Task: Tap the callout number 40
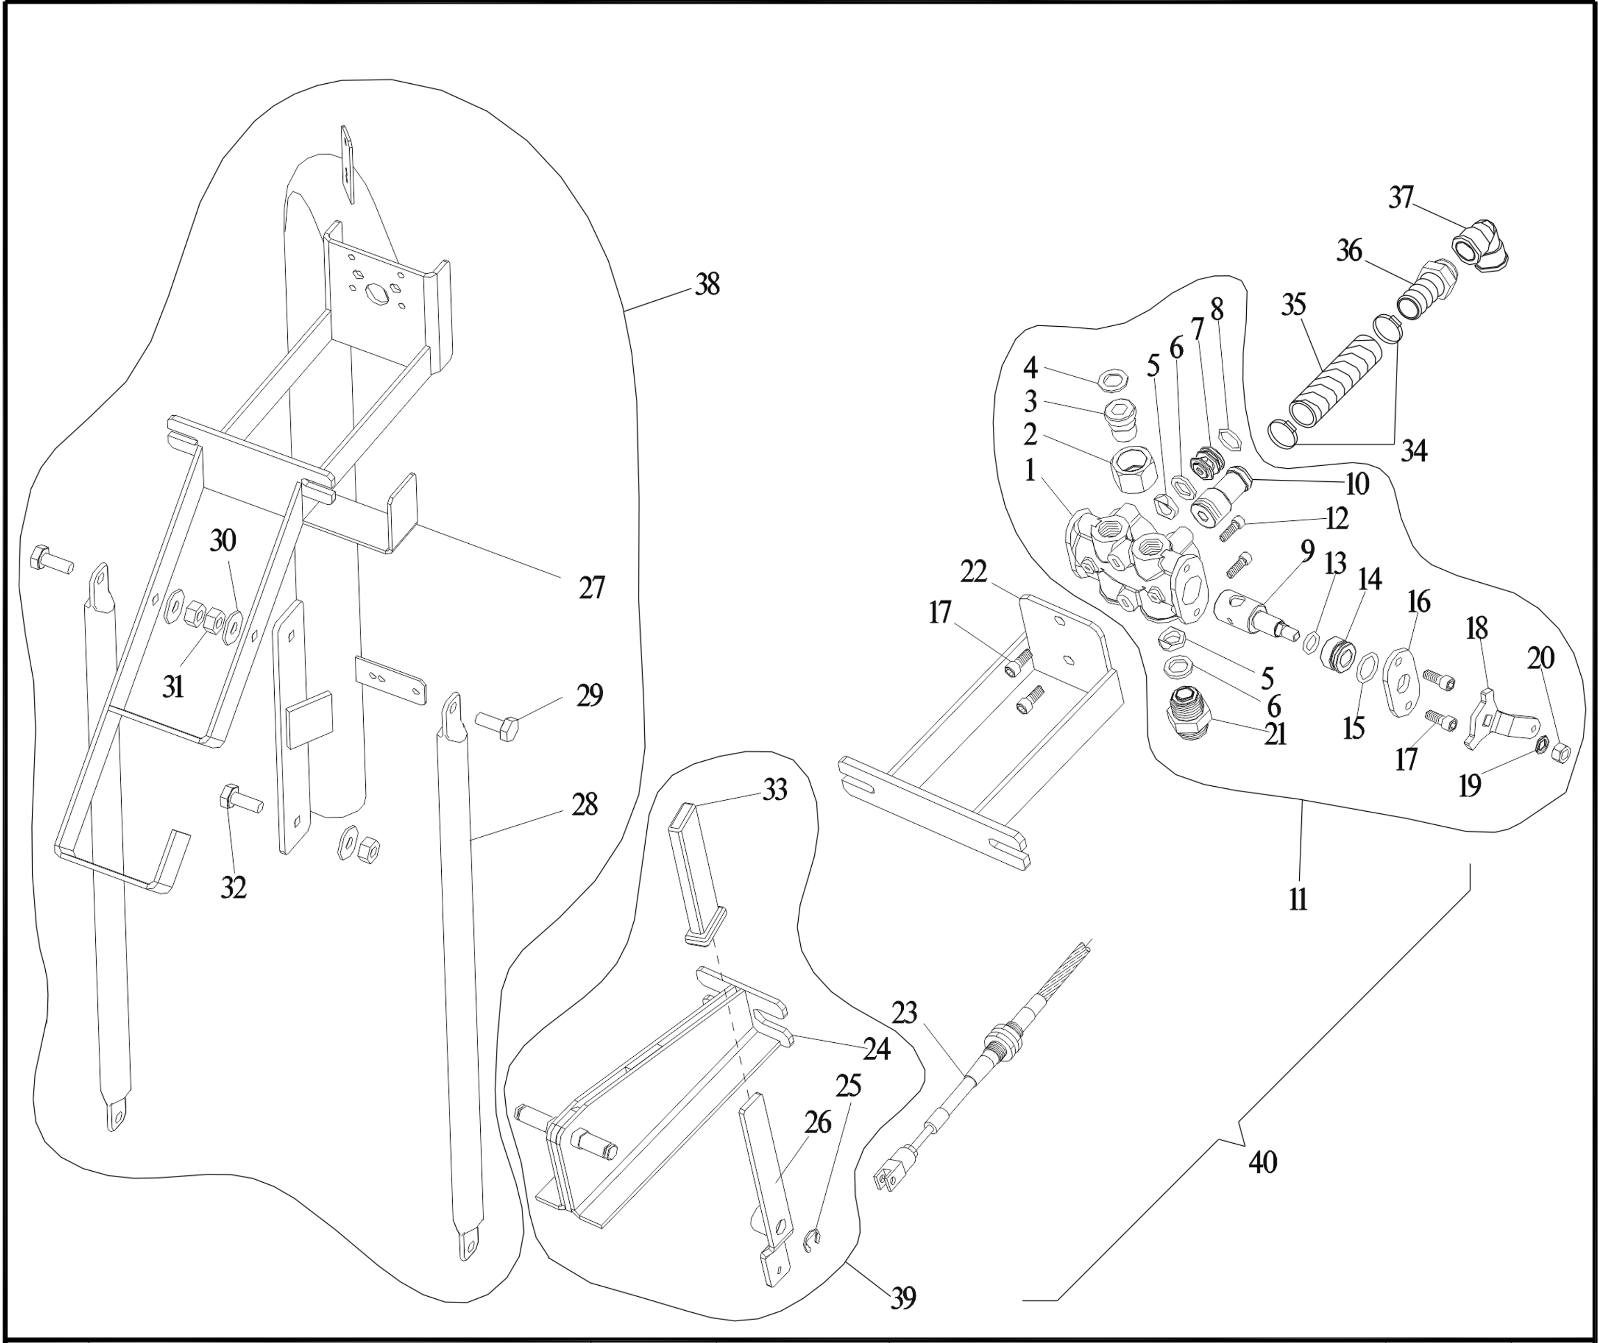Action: (x=1262, y=1162)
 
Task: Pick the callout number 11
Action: (x=1298, y=899)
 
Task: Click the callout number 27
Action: (x=592, y=588)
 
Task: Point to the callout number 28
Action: (x=585, y=805)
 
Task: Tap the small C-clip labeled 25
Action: (x=814, y=1241)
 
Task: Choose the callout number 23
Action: (x=904, y=1013)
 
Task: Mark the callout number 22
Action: (x=973, y=572)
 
